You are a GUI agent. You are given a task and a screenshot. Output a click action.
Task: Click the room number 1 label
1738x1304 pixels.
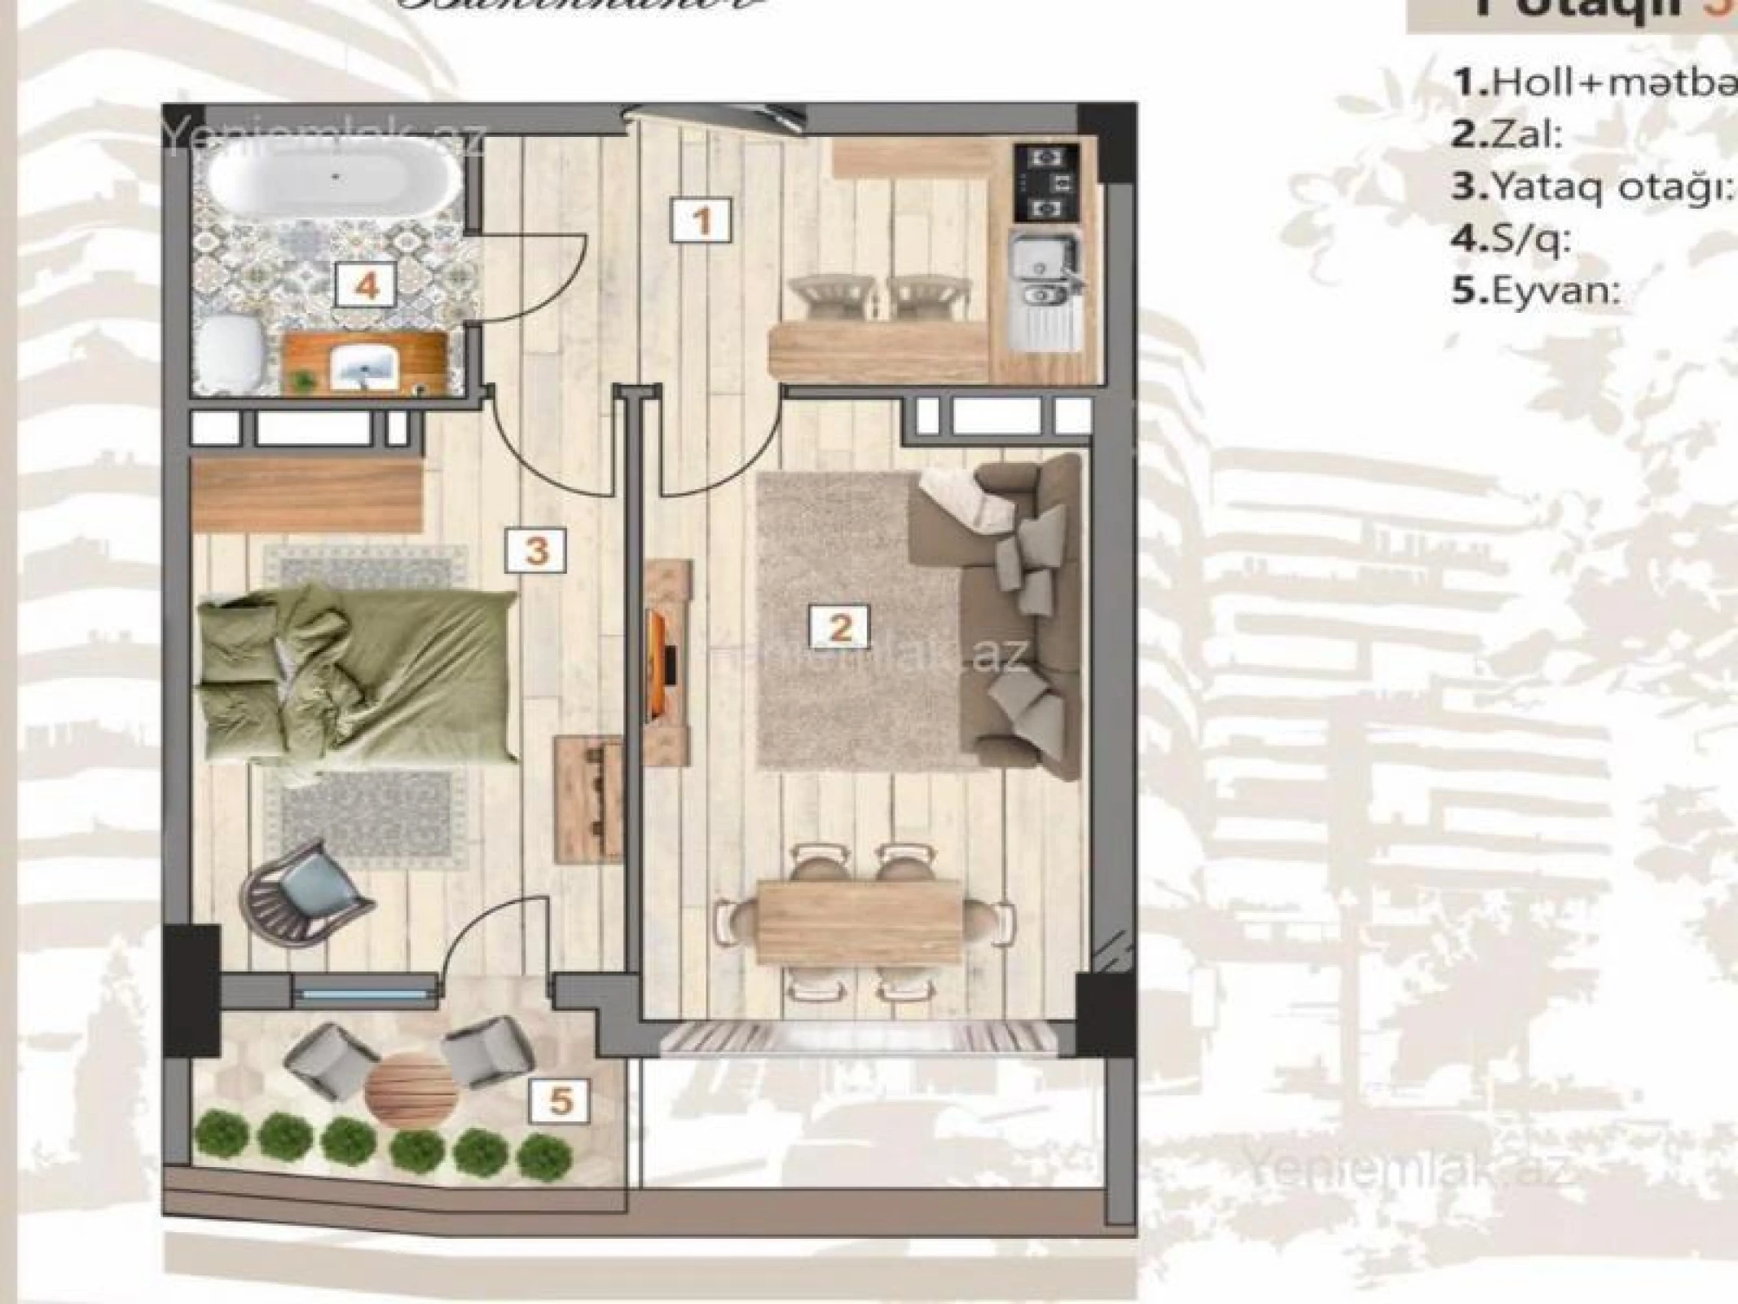click(x=702, y=220)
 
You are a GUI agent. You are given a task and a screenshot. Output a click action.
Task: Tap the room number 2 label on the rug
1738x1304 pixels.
click(x=839, y=628)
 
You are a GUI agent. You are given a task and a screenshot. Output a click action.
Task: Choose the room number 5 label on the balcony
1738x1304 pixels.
click(x=560, y=1101)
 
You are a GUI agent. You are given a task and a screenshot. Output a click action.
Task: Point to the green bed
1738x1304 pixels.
click(x=359, y=672)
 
